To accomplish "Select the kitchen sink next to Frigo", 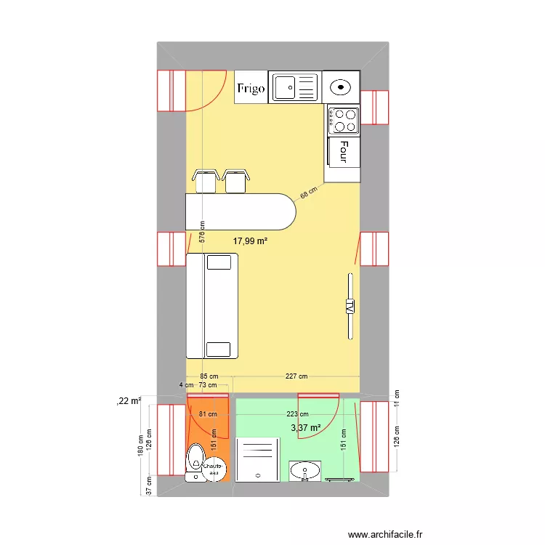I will (294, 87).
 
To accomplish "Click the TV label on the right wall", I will (350, 306).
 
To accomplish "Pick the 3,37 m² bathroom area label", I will (306, 428).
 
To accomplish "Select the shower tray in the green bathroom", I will (258, 459).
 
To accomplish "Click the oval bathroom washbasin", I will (305, 471).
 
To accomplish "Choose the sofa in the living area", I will (212, 305).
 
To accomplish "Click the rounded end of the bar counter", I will (283, 211).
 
